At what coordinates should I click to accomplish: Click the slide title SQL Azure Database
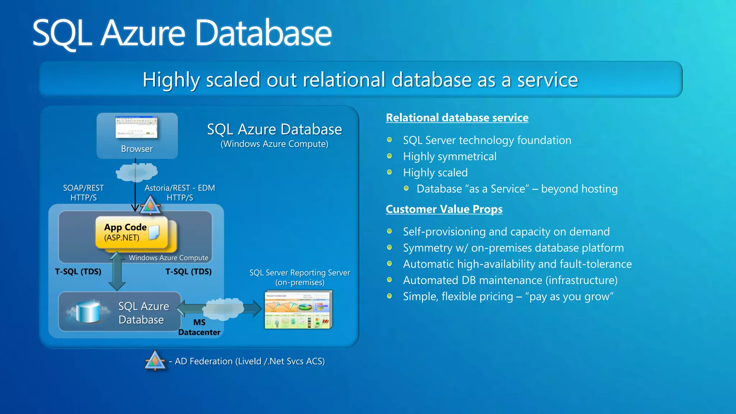click(182, 33)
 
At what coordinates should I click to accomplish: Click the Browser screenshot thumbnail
click(136, 127)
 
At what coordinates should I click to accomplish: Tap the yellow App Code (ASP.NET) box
click(132, 233)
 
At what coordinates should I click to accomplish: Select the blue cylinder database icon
click(88, 312)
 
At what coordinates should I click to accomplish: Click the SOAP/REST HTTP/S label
click(83, 193)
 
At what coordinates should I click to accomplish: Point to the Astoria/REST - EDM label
click(180, 188)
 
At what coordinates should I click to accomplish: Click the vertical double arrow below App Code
click(117, 271)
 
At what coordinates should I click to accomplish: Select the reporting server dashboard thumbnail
click(298, 310)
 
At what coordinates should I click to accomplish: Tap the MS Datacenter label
click(199, 327)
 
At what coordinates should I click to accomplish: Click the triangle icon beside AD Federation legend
click(155, 360)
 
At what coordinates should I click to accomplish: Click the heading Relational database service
click(457, 118)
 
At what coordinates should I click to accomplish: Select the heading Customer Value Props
click(444, 209)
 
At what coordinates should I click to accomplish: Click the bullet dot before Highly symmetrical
click(389, 156)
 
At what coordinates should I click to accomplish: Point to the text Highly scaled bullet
click(435, 172)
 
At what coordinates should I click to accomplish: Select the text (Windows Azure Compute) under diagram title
click(274, 144)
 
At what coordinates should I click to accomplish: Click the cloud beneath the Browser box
click(137, 172)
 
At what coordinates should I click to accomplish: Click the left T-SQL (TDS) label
click(78, 271)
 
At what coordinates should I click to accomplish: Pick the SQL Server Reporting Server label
click(300, 273)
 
